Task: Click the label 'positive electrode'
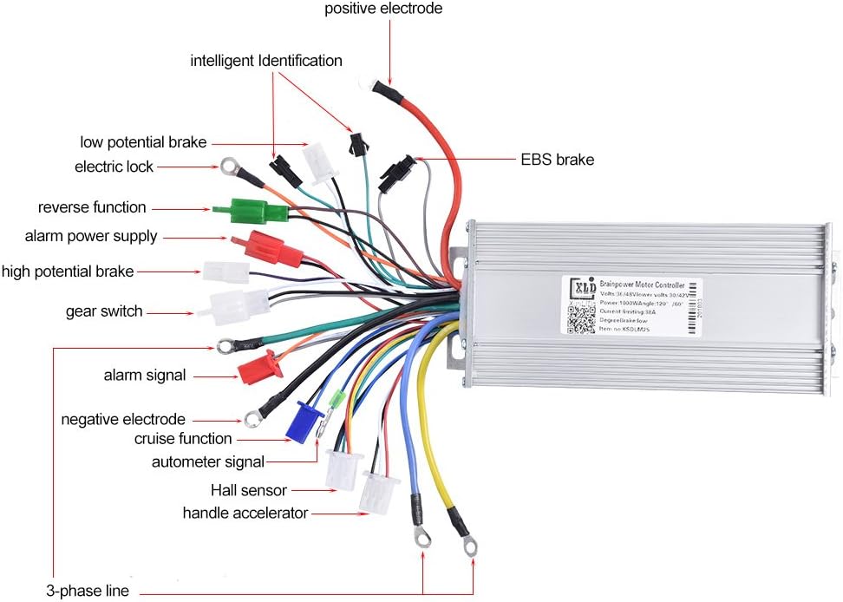[x=383, y=10]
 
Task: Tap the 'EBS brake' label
[x=557, y=160]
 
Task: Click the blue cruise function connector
[x=304, y=422]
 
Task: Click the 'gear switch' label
[x=104, y=311]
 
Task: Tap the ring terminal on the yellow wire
[x=469, y=546]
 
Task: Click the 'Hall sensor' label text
[x=248, y=491]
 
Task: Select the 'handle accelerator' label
[x=245, y=513]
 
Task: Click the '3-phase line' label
[x=88, y=592]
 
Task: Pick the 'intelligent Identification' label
[x=266, y=61]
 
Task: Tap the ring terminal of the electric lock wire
[x=230, y=164]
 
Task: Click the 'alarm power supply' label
[x=91, y=236]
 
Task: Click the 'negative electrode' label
[x=123, y=420]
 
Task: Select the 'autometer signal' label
[x=208, y=461]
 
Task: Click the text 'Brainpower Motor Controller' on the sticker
[x=641, y=284]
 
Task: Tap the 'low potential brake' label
[x=144, y=142]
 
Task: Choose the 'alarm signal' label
[x=145, y=376]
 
